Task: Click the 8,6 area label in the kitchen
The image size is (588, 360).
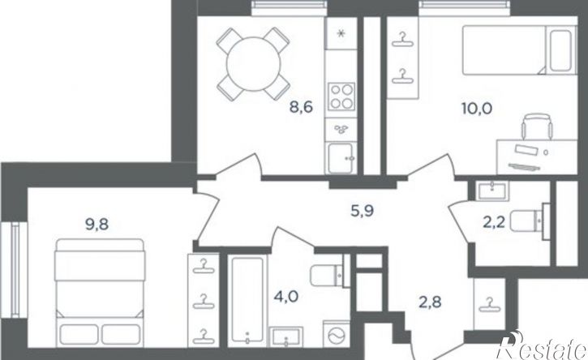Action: [x=301, y=107]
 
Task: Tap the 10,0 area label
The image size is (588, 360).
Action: [x=477, y=109]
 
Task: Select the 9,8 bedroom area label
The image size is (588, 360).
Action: [x=97, y=225]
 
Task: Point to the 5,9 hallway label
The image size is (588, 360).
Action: [x=363, y=211]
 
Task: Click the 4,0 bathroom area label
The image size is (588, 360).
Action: [x=286, y=298]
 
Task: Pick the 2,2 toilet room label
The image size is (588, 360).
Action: [x=494, y=222]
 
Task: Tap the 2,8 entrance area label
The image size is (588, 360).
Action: [x=430, y=302]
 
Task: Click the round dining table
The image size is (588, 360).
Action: [x=254, y=64]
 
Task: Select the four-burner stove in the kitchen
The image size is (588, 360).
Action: [x=341, y=96]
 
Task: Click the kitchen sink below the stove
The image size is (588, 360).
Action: [x=341, y=158]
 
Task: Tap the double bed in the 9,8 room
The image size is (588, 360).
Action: [x=100, y=293]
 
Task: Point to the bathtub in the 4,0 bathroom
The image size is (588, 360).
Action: [x=247, y=300]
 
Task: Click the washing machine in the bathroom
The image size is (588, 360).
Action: [x=336, y=334]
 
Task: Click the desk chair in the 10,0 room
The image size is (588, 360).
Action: [x=537, y=127]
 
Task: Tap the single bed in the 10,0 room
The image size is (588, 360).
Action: [x=519, y=50]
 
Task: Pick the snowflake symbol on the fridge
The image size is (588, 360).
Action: [x=341, y=34]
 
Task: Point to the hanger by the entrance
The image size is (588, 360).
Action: [x=489, y=305]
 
